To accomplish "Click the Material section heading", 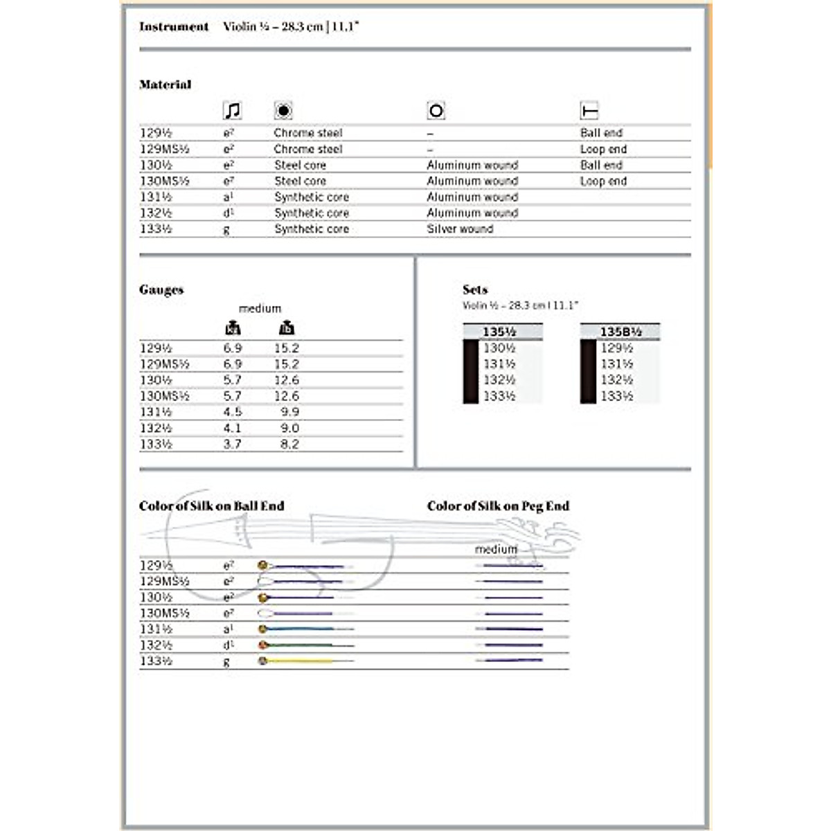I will coord(165,84).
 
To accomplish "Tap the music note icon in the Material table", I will coord(232,111).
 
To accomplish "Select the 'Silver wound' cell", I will coord(460,229).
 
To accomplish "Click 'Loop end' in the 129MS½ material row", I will coord(603,149).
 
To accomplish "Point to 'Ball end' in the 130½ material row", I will coord(601,165).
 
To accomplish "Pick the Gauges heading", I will coord(161,290).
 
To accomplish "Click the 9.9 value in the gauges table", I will coord(289,412).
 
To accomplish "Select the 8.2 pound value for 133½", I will coord(289,444).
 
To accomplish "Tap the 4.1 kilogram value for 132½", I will coord(232,428).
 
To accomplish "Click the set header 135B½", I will coord(620,332).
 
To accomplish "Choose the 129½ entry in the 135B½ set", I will coord(616,348).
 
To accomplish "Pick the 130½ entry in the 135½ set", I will coord(499,348).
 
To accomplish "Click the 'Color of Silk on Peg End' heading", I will coord(498,506).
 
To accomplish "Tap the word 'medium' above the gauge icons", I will coord(260,309).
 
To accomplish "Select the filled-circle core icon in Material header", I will coord(283,111).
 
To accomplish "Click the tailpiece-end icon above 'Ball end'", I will coord(589,111).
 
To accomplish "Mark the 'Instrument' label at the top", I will coord(174,27).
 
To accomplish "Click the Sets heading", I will coord(475,290).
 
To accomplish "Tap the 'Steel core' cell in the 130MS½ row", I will coord(300,181).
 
